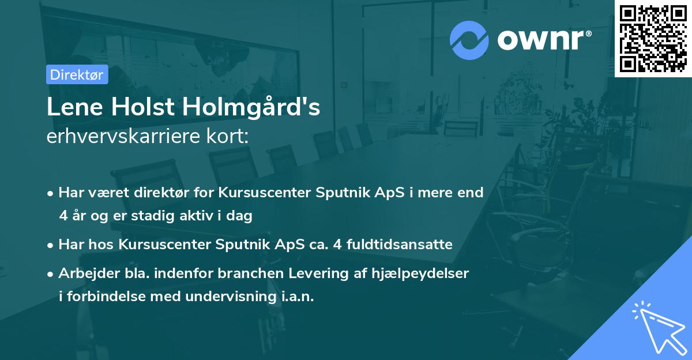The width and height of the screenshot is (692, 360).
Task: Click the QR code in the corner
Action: [653, 39]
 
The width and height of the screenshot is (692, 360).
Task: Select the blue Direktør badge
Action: [77, 74]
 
